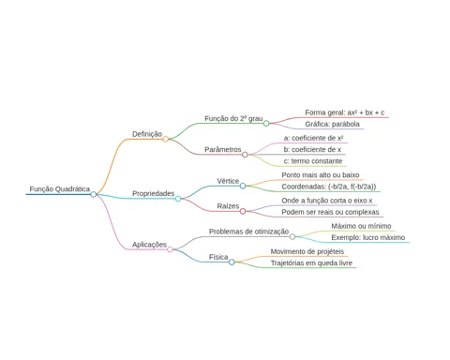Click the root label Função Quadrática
60,189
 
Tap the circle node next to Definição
166,139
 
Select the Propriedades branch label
153,194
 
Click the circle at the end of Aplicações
170,249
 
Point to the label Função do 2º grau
233,119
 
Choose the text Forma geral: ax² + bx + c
345,112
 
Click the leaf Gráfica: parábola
332,124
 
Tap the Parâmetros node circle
245,155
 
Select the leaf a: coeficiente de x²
314,138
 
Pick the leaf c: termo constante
313,161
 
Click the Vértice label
228,181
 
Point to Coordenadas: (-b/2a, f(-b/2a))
329,187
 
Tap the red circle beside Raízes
243,211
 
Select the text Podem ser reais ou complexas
330,212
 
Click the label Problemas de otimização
248,232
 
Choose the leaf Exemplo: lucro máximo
368,237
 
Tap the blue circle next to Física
232,262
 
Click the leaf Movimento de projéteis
307,251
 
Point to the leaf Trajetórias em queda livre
311,263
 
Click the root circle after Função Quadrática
94,194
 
